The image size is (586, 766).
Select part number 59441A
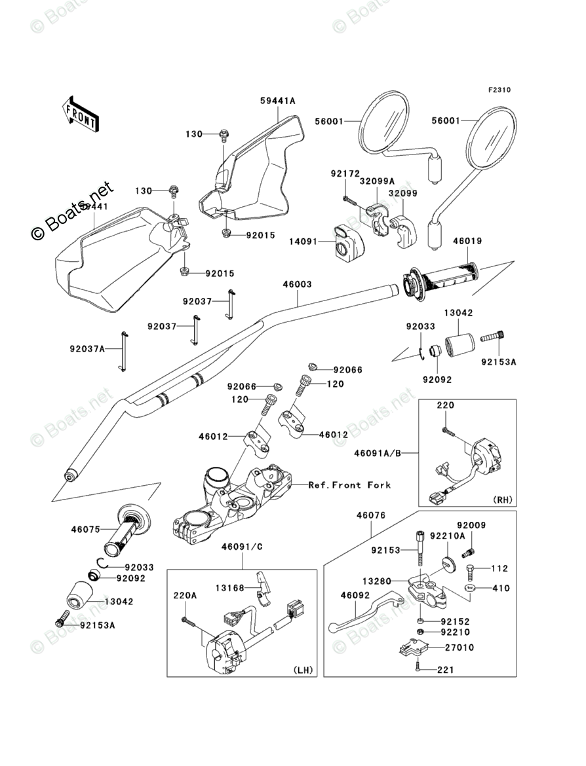point(277,101)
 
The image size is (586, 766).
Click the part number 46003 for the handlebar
point(297,284)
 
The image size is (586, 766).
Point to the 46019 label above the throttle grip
point(467,241)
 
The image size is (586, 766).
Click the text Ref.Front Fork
point(350,485)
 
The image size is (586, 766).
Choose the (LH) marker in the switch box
point(302,670)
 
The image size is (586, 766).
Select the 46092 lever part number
point(355,596)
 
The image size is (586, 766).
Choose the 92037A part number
point(88,349)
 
